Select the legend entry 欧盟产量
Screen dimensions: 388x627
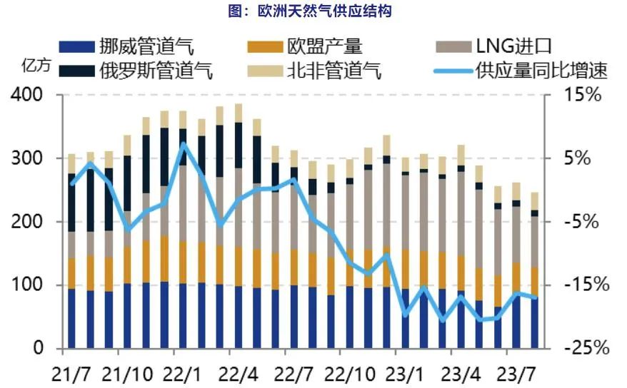(x=326, y=48)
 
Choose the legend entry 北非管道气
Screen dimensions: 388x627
(x=334, y=71)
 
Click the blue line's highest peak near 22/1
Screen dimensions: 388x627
(x=183, y=145)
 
